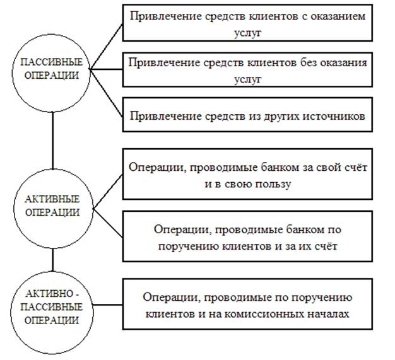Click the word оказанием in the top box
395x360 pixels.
click(x=338, y=16)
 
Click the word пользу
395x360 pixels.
click(x=273, y=184)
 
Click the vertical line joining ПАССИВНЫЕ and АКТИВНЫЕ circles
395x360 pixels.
click(x=52, y=141)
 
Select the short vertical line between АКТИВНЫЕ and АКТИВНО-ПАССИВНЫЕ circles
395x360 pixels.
click(x=52, y=260)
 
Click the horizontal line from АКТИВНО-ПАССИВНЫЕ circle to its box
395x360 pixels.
click(x=108, y=305)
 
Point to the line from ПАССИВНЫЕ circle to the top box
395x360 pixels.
click(x=106, y=47)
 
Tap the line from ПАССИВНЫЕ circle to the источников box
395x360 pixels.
click(x=107, y=94)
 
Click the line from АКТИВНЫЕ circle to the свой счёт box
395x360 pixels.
click(x=108, y=192)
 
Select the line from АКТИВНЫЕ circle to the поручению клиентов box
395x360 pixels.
click(x=108, y=223)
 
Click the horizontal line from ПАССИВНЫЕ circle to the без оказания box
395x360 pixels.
click(x=106, y=69)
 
